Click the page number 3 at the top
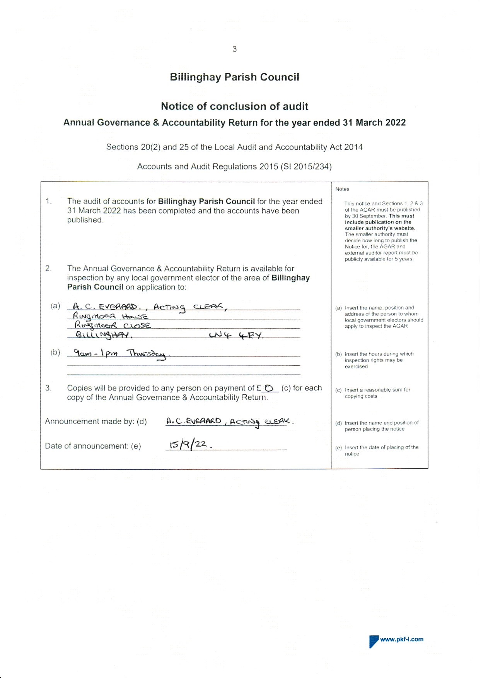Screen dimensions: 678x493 (234, 49)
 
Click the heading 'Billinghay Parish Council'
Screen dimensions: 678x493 (234, 77)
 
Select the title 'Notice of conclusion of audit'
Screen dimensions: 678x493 (234, 106)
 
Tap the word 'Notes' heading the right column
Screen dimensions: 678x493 (342, 189)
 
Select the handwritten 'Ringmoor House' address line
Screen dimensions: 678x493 (111, 317)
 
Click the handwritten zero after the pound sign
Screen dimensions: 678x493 (269, 388)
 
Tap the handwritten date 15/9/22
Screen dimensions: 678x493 (188, 445)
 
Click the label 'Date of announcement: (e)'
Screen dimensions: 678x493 (93, 446)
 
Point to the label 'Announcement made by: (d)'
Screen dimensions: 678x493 (96, 421)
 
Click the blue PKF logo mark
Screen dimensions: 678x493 (374, 641)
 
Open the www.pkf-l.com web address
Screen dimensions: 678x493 (402, 639)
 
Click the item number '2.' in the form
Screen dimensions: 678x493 (48, 269)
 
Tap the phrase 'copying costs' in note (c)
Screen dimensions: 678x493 (361, 396)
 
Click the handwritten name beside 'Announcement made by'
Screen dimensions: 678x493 (229, 421)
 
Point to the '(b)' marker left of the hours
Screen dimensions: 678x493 (55, 353)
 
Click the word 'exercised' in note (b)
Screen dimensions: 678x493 (356, 366)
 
